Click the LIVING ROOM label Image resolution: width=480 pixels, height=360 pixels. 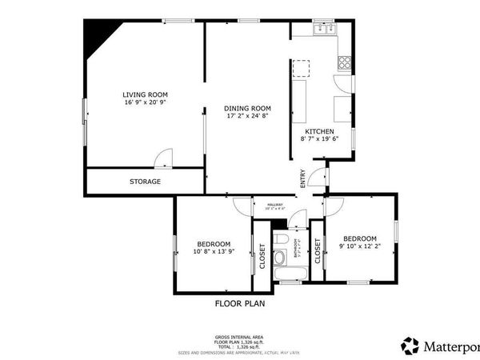tap(146, 94)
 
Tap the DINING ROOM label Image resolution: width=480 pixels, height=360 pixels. tap(247, 108)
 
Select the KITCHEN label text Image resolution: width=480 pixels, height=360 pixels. tap(319, 131)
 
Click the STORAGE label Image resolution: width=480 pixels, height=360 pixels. tap(145, 182)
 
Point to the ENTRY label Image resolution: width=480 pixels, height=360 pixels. tap(302, 180)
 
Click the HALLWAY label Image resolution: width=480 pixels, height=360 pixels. tap(275, 205)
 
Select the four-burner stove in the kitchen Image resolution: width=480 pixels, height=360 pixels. tap(345, 61)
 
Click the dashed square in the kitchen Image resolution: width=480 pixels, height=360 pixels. tap(301, 68)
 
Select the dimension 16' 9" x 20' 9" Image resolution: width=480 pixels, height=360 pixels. tap(146, 102)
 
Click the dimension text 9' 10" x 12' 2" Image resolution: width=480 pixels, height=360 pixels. tap(359, 247)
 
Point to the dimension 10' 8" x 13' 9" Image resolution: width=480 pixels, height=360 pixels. tap(214, 252)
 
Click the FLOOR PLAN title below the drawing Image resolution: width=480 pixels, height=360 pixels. tap(240, 303)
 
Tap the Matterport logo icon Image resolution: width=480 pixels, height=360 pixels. tap(410, 346)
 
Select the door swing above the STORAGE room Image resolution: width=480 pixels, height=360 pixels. tap(162, 159)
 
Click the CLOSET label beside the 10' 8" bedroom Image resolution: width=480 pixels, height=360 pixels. tap(262, 258)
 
